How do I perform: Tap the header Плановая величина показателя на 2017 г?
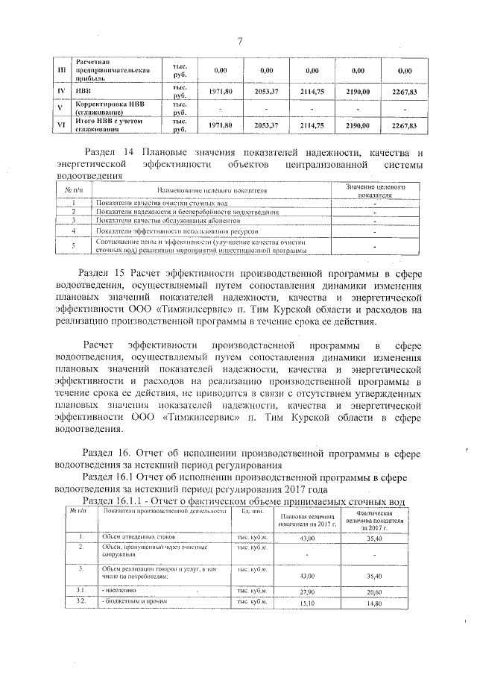pos(306,519)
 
